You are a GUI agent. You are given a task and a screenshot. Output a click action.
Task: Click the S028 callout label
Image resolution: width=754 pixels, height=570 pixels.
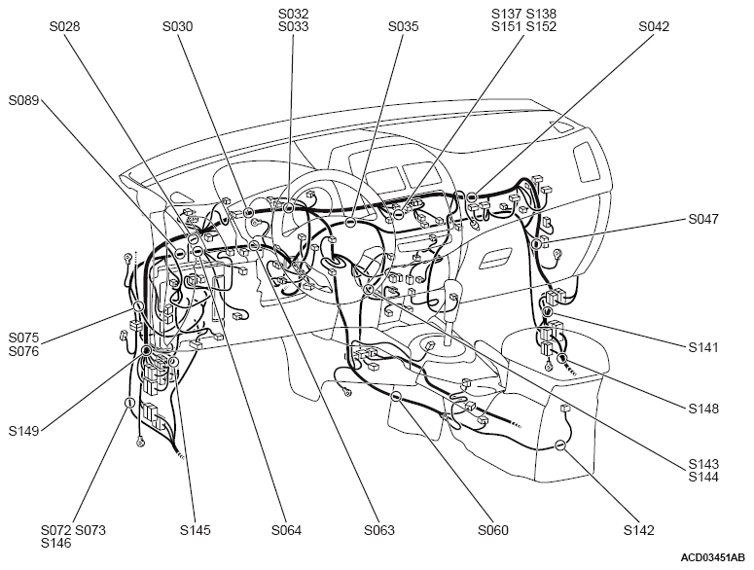(x=64, y=27)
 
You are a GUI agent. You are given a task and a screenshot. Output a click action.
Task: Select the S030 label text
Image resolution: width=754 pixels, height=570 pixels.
(x=177, y=27)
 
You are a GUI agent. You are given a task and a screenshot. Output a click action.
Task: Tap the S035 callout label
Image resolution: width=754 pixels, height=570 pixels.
(x=403, y=27)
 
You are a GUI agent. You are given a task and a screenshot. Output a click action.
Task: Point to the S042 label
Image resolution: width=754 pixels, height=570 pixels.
(x=654, y=27)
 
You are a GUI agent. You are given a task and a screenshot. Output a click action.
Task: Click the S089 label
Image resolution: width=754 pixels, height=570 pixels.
(x=23, y=101)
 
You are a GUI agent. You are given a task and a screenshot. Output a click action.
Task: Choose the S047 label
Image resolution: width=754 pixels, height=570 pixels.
(x=703, y=220)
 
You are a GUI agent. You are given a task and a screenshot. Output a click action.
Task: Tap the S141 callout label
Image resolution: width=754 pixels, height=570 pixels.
(x=703, y=347)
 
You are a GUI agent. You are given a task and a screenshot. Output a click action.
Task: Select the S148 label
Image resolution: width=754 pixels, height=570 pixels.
(x=703, y=409)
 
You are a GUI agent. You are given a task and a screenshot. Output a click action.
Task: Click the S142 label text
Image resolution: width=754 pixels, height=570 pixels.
(x=638, y=530)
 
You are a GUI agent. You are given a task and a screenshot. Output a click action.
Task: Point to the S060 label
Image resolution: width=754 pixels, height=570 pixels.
(x=493, y=530)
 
